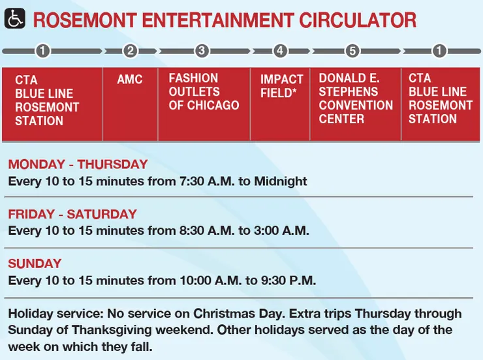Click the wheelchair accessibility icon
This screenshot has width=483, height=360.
(15, 20)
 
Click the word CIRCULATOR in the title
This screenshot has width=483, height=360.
(357, 20)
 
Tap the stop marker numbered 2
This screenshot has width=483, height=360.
(130, 51)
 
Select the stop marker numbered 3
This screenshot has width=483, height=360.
(201, 51)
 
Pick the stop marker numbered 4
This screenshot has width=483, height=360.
(280, 51)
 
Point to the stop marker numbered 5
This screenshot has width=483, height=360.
(352, 51)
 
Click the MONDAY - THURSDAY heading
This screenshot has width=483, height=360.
(78, 164)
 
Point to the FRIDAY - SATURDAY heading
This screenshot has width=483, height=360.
(72, 214)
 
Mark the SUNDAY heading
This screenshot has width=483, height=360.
(35, 263)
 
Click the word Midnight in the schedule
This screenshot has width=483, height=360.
(280, 181)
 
